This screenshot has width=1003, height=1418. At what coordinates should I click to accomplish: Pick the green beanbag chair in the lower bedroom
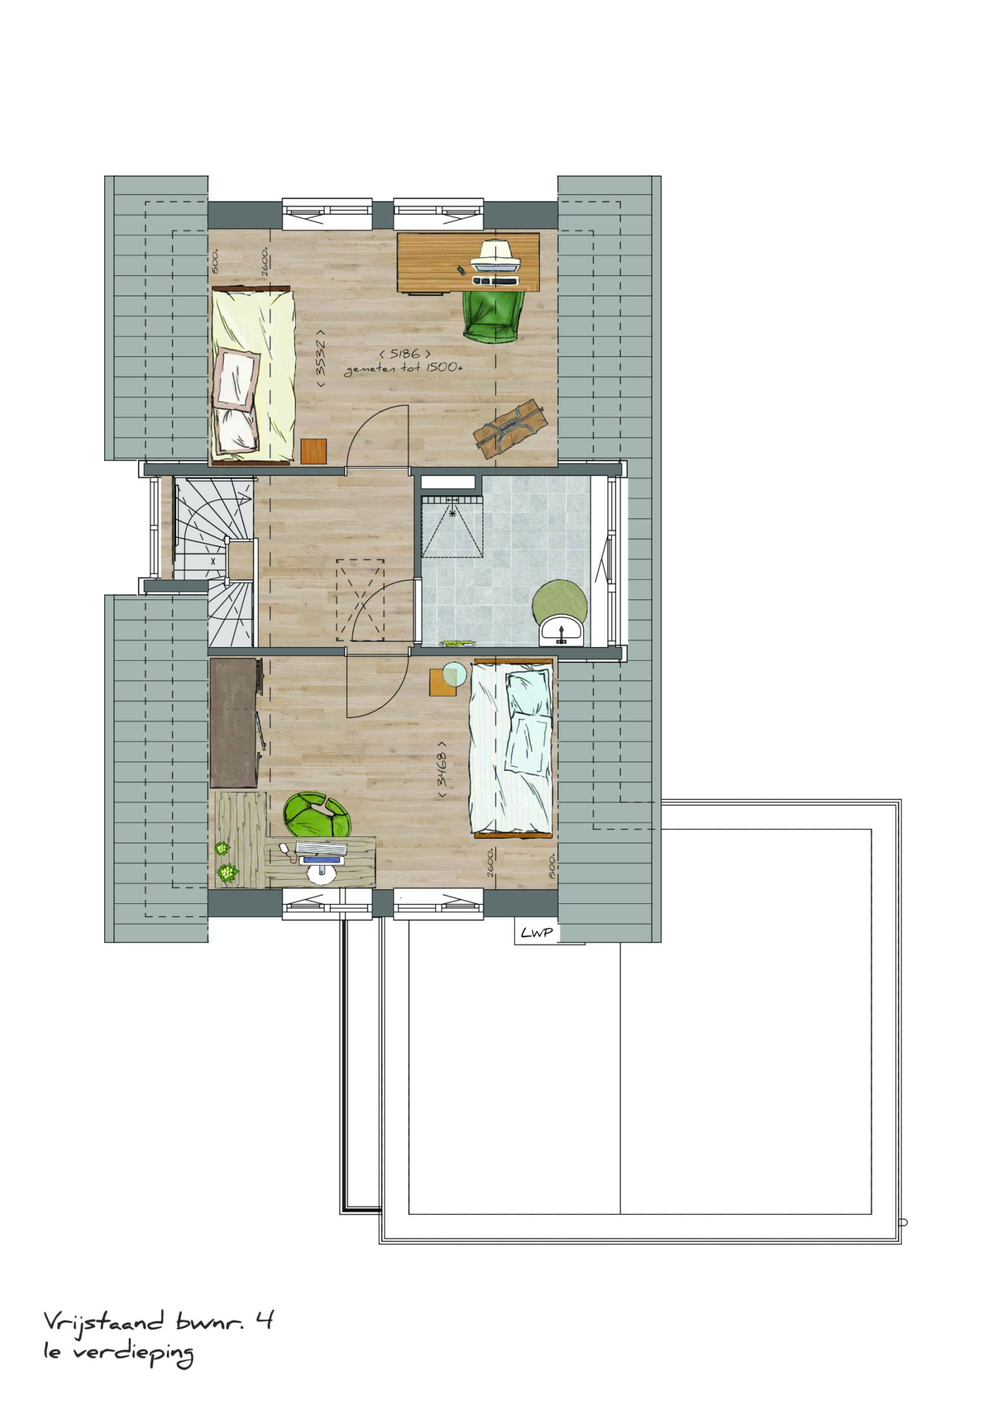pos(317,815)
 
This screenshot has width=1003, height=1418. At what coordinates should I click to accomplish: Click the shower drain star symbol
pos(452,512)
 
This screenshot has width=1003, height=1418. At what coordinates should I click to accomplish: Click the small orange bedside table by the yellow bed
pos(314,451)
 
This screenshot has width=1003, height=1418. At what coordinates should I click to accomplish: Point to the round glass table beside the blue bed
pos(455,675)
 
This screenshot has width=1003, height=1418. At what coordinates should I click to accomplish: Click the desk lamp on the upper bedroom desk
pos(496,253)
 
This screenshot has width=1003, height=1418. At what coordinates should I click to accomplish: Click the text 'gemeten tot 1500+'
pos(404,369)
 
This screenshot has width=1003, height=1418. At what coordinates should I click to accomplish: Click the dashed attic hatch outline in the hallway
pos(360,600)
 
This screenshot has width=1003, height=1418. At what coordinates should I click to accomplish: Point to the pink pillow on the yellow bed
pos(238,378)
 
